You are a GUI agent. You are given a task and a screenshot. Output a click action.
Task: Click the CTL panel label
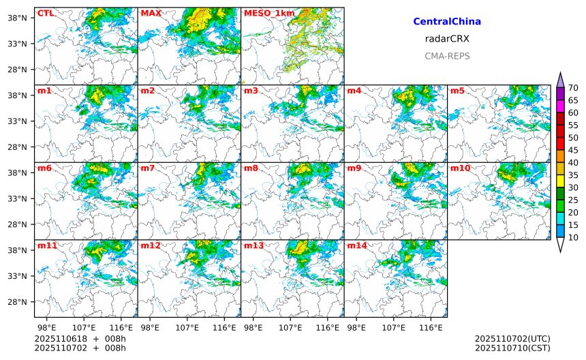46,13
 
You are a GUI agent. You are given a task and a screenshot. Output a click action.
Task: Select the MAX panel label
150,13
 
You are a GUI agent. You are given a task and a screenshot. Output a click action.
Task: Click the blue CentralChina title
447,22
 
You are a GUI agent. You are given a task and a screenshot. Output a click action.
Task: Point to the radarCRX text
447,39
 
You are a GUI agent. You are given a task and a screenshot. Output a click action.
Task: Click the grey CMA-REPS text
447,56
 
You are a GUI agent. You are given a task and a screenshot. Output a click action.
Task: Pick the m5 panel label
457,91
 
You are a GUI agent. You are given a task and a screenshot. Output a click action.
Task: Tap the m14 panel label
356,245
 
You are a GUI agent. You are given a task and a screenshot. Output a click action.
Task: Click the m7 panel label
147,168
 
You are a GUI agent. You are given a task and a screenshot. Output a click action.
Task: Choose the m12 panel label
150,245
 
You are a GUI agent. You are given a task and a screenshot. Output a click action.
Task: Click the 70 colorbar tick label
573,87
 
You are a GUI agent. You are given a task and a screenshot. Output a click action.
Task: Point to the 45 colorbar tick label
573,150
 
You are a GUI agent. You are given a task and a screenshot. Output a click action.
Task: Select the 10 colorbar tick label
573,237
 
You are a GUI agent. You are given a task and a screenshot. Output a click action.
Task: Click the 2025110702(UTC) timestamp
512,339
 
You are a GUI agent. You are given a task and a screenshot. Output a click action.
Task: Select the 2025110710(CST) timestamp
512,348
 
